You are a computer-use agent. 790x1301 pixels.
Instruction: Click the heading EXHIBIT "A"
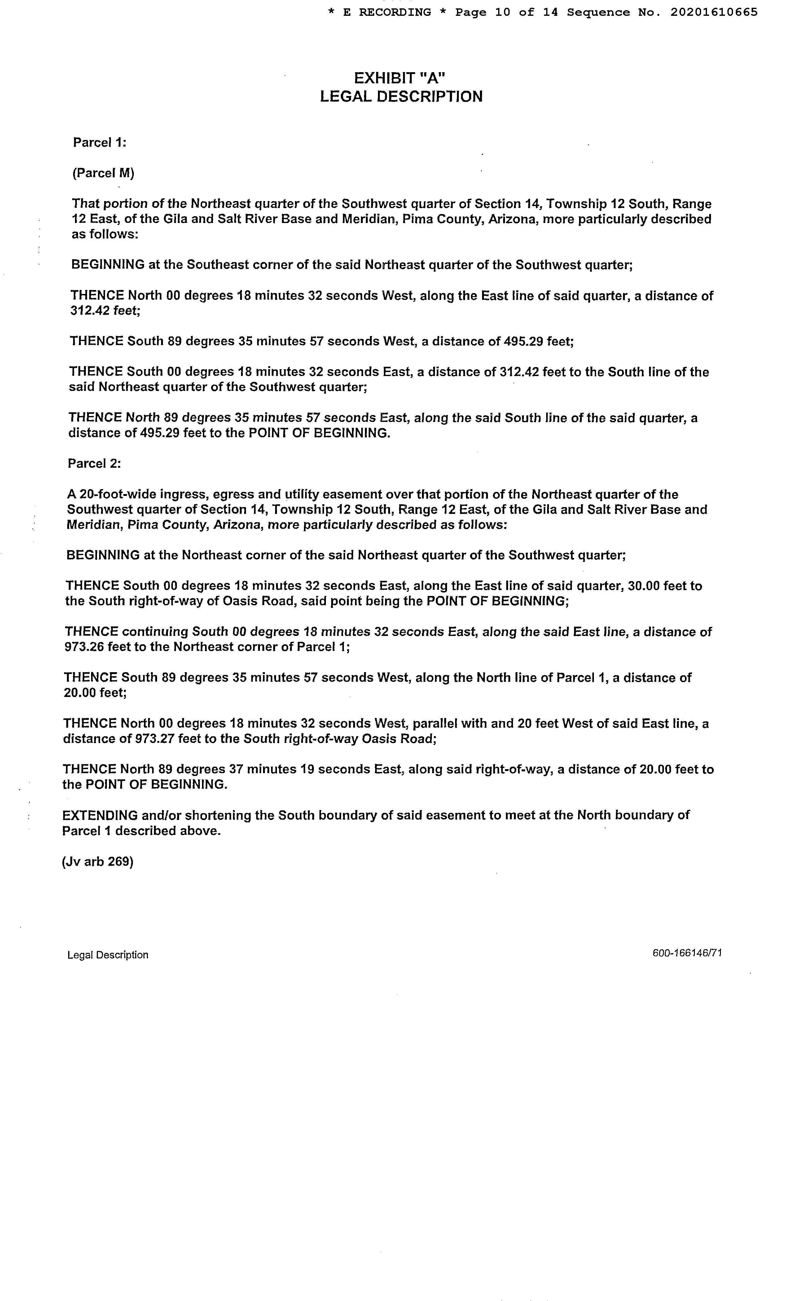click(x=400, y=79)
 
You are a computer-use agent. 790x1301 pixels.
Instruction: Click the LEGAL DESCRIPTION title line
click(x=401, y=97)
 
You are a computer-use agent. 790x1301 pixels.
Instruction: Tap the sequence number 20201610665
click(x=714, y=12)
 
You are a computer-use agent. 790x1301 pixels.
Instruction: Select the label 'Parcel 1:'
click(x=99, y=142)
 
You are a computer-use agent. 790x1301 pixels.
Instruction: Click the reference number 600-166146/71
click(x=687, y=953)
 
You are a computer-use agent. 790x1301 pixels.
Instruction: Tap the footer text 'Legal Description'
click(x=108, y=955)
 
